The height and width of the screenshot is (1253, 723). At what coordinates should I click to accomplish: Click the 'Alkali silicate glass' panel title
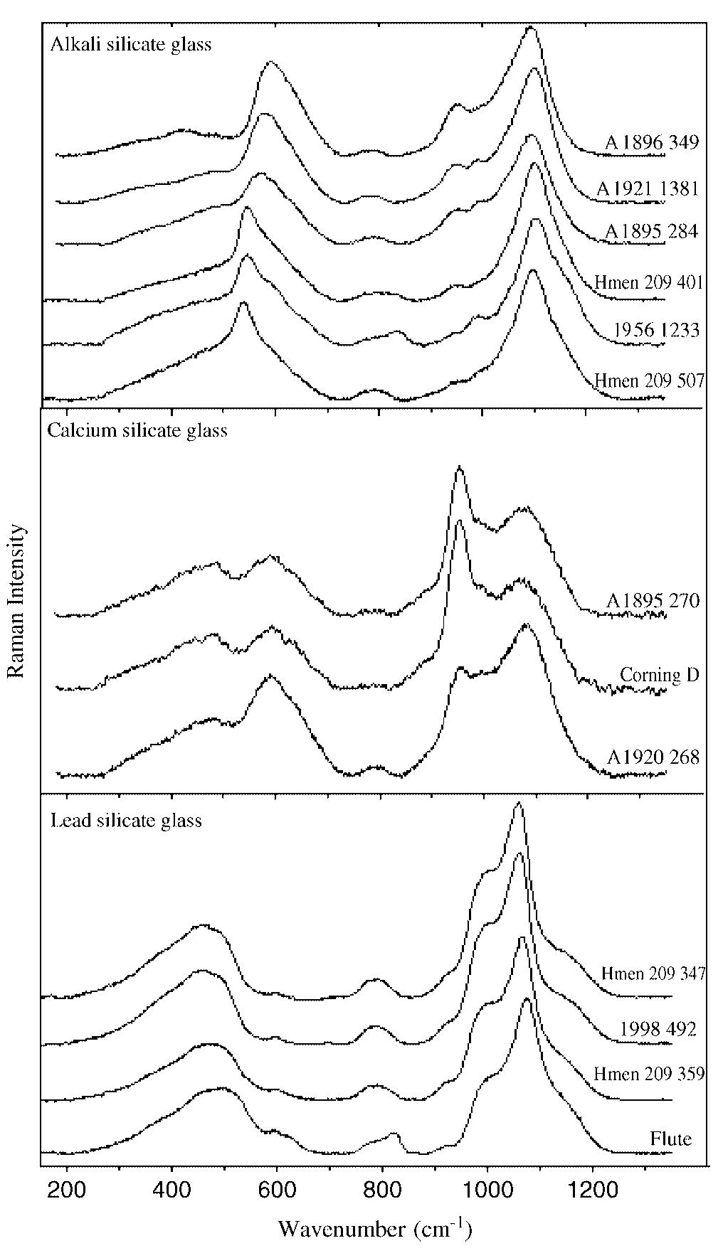131,45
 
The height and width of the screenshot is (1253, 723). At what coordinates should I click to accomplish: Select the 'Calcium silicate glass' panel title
137,430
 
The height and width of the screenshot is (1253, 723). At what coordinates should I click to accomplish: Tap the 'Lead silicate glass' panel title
127,820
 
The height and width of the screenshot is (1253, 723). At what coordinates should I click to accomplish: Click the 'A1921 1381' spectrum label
648,188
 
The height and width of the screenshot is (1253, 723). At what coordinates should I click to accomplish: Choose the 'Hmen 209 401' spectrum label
648,283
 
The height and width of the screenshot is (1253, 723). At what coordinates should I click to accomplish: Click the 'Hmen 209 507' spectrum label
648,380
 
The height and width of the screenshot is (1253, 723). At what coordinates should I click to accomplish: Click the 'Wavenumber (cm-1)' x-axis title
375,1228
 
